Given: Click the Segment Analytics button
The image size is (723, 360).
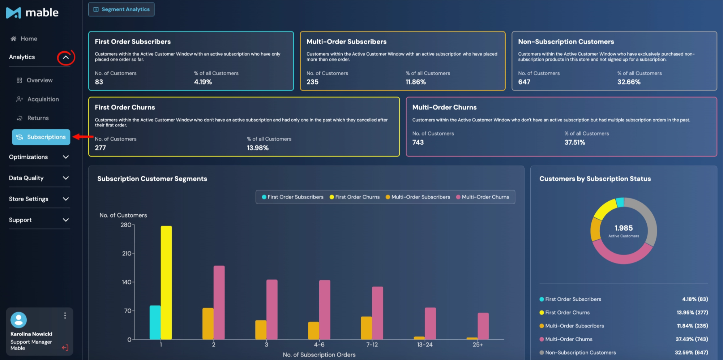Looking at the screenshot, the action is click(x=121, y=9).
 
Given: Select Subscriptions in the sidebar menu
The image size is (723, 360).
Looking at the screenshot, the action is click(x=41, y=137).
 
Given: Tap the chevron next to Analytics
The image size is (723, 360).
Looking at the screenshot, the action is click(x=66, y=57).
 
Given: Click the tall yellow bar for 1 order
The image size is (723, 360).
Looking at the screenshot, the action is click(x=166, y=283).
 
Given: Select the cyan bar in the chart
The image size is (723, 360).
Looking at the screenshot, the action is click(x=155, y=322).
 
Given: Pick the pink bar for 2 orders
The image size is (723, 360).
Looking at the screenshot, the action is click(x=219, y=303).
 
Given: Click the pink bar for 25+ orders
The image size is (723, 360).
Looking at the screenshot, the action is click(x=483, y=326).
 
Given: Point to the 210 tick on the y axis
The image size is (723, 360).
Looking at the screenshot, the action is click(x=127, y=254).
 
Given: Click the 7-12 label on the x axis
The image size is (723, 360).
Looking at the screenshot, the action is click(x=372, y=345).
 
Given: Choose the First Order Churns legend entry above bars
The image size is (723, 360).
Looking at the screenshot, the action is click(x=354, y=197).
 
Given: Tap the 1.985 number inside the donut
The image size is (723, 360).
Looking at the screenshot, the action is click(x=624, y=228).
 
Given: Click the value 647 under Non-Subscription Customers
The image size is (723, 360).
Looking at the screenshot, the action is click(x=524, y=82).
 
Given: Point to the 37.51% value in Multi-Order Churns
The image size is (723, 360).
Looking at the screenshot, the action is click(x=575, y=142).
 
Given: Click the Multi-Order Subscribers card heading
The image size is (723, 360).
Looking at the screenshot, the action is click(x=346, y=42).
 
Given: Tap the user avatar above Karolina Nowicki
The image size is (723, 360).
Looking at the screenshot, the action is click(x=19, y=320).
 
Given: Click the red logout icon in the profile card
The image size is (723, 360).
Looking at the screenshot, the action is click(x=65, y=348).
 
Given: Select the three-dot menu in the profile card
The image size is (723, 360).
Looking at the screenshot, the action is click(x=65, y=316).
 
